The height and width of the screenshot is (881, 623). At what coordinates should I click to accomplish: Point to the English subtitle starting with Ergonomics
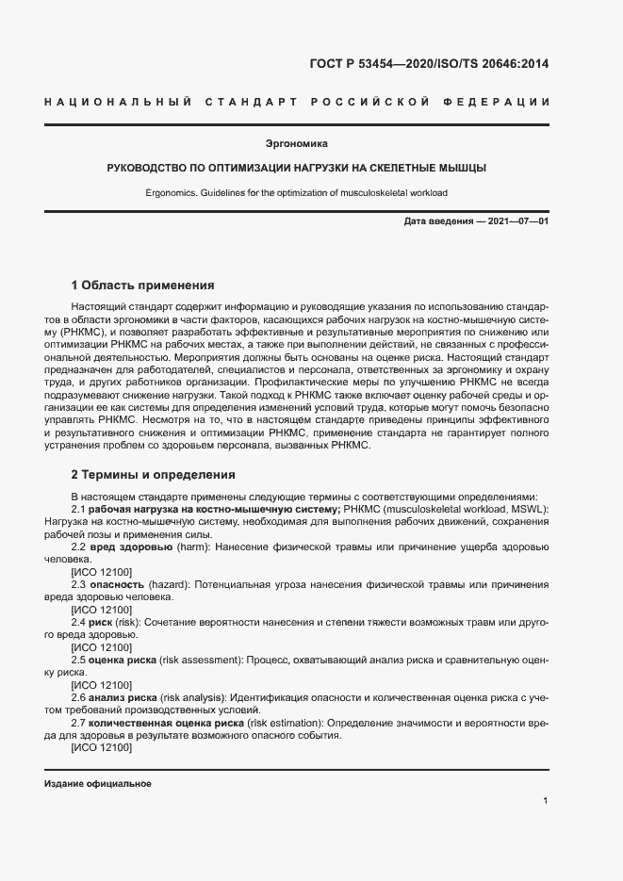tap(296, 192)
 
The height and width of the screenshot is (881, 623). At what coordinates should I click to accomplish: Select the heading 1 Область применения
tap(143, 285)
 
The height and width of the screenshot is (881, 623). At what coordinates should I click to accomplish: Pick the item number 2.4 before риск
tap(79, 623)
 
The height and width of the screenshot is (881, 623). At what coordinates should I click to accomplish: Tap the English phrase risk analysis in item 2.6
tap(192, 698)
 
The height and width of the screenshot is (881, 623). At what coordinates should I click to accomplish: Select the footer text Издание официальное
tap(98, 783)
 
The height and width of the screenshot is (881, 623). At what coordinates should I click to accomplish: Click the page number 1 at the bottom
tap(546, 801)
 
